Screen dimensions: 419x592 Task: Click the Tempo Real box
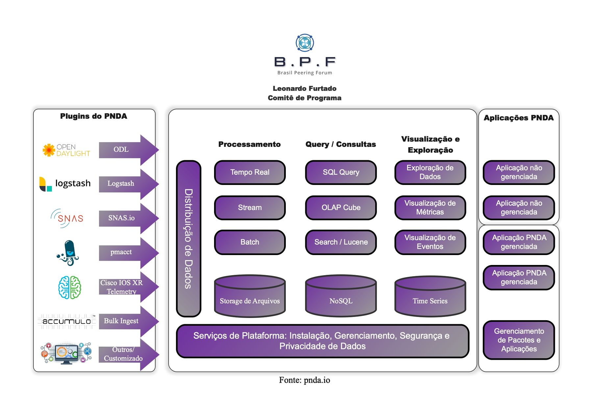250,172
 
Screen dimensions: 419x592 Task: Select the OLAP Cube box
341,208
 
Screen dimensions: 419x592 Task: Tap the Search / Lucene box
341,242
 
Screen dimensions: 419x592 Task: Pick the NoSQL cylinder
341,296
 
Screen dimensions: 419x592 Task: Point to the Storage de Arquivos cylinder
250,296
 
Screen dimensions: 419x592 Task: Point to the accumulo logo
67,321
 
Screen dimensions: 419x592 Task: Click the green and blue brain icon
69,287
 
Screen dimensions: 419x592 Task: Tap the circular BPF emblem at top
305,43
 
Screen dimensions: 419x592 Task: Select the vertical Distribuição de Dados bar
188,239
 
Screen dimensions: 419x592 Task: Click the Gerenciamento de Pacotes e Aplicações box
519,340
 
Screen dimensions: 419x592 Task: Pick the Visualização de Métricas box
430,208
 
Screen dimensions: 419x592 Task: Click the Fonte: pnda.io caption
304,380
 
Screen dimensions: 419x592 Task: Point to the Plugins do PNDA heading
93,116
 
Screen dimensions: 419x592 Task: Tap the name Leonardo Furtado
305,89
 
